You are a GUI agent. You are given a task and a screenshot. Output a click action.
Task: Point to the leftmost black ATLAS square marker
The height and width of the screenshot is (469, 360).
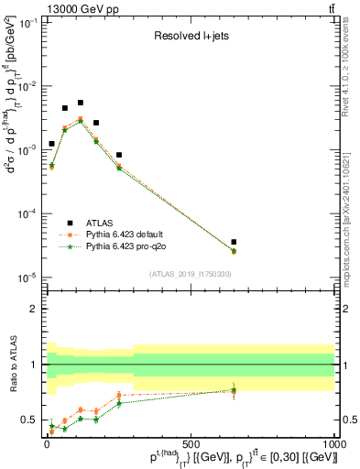pos(51,144)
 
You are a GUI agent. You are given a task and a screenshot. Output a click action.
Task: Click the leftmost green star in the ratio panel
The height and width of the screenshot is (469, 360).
pos(51,425)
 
